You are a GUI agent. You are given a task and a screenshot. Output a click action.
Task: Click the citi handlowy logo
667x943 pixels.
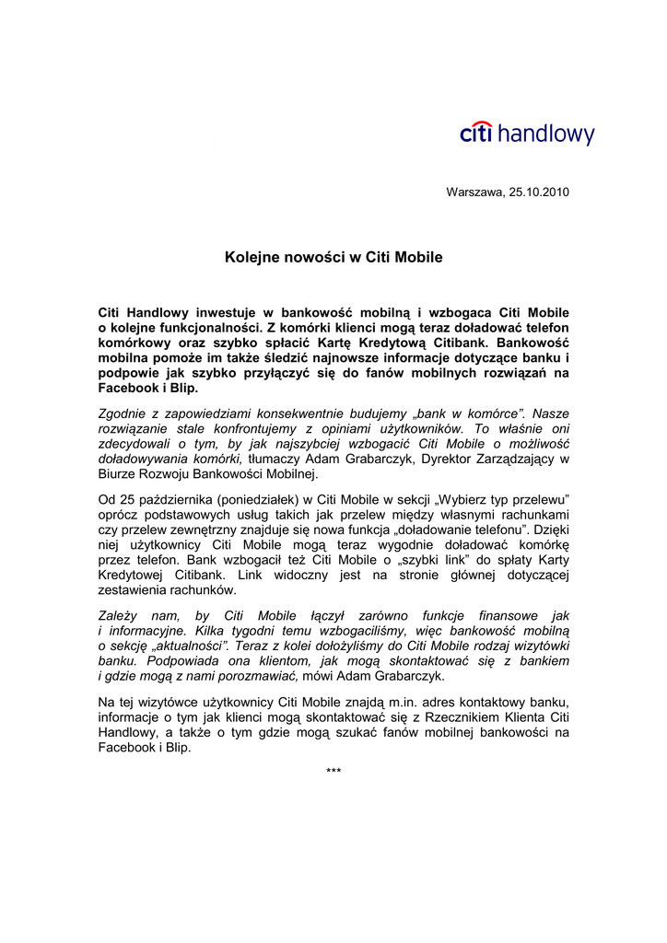click(527, 134)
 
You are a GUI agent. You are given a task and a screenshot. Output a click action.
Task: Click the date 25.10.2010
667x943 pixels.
click(539, 192)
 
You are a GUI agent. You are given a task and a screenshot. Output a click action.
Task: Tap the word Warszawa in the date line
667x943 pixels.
click(474, 192)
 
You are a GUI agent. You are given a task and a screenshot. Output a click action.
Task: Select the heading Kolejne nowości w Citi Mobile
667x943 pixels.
click(333, 257)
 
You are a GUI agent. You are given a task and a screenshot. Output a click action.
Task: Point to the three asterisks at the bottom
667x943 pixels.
click(333, 771)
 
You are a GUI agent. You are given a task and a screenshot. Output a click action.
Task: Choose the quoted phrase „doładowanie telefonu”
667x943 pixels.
click(472, 529)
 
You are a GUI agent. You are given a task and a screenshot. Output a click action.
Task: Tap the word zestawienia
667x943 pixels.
click(135, 589)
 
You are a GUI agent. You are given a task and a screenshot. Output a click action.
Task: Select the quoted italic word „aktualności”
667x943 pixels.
click(188, 646)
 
